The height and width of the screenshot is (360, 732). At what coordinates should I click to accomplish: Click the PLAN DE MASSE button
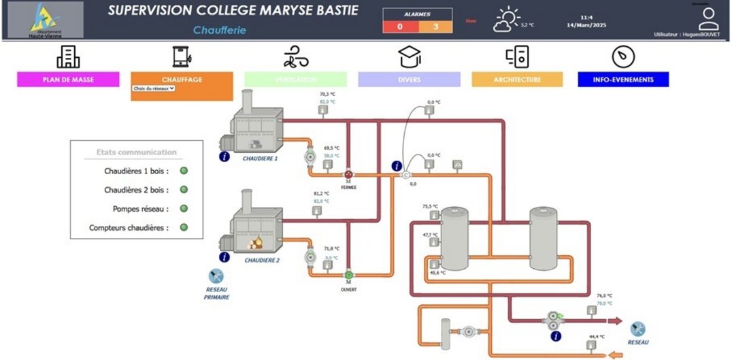[68, 80]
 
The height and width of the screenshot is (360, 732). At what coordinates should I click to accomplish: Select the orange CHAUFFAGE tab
[182, 80]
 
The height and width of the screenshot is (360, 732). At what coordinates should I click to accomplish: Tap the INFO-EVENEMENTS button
[622, 80]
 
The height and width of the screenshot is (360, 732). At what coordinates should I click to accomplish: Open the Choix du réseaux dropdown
[154, 88]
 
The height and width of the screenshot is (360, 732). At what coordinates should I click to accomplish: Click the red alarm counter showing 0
[399, 27]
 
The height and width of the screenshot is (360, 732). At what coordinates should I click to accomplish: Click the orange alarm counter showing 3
[435, 27]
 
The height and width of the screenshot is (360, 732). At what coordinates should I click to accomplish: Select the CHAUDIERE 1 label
[261, 158]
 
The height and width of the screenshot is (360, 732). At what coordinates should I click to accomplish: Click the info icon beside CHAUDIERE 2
[224, 257]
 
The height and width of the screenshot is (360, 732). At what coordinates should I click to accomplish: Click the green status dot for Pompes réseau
[184, 209]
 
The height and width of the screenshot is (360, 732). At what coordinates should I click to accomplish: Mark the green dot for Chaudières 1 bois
[184, 171]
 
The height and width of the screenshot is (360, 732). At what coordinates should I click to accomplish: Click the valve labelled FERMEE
[348, 174]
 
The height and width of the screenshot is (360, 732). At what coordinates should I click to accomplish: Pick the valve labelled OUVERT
[348, 274]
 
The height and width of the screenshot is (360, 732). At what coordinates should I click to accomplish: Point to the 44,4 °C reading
[597, 337]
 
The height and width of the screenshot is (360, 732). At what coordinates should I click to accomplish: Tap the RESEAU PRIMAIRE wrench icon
[217, 276]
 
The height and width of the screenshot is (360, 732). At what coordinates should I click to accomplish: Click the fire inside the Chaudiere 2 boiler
[256, 241]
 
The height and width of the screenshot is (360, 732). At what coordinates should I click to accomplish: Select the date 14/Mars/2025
[586, 25]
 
